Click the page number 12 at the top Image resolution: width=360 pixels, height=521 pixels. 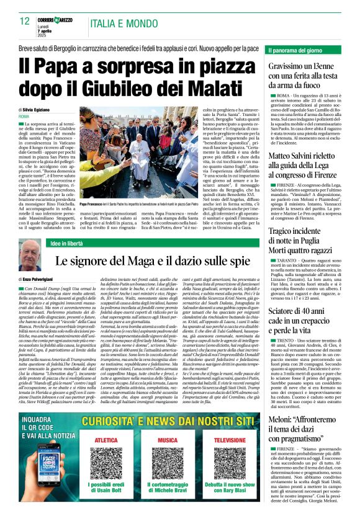[x=25, y=20]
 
